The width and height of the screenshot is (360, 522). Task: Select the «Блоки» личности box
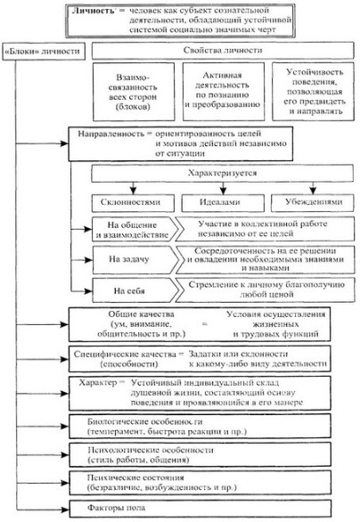click(44, 52)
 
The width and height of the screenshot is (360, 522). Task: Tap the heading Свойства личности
click(223, 50)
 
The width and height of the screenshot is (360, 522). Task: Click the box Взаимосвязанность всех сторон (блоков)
click(134, 92)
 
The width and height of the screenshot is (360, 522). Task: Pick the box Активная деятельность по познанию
click(224, 92)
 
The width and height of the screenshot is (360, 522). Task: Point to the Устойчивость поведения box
click(313, 91)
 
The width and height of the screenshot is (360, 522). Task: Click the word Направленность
click(110, 134)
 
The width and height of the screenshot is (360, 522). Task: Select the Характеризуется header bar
click(223, 174)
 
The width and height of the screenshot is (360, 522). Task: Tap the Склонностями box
click(133, 203)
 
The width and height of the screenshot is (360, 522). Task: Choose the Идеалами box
click(223, 202)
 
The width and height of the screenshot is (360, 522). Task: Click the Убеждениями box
click(313, 202)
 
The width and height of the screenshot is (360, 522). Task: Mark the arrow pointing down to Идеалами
click(223, 188)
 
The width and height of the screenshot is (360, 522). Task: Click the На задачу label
click(129, 259)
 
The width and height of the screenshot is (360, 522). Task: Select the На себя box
click(135, 290)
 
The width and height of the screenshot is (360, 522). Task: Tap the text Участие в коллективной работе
click(263, 224)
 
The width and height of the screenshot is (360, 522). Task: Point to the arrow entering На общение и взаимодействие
click(81, 229)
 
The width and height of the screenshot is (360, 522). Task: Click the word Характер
click(98, 382)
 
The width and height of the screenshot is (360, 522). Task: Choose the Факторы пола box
click(200, 509)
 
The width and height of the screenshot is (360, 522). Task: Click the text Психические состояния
click(135, 478)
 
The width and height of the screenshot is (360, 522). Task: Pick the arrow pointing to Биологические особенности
click(42, 427)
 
